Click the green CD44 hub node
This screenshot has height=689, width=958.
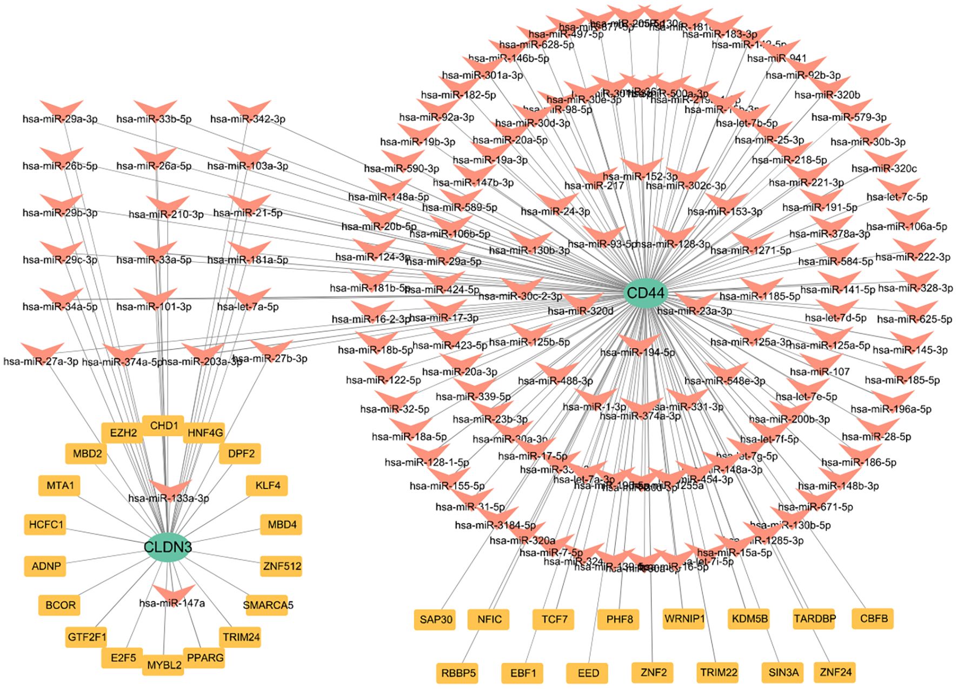646,293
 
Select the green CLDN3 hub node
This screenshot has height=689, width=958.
168,547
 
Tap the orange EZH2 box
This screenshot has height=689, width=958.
123,433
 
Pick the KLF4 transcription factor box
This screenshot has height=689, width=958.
268,485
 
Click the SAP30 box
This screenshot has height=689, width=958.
436,619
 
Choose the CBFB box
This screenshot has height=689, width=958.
873,618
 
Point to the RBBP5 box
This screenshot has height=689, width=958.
458,673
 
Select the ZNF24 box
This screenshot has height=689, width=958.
835,672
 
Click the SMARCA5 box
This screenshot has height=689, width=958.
268,605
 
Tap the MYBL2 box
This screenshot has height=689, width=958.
164,665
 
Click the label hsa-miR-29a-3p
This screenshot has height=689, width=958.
60,119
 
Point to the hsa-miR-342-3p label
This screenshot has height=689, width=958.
248,119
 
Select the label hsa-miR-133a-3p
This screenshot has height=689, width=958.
169,498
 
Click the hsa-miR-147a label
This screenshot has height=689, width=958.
172,603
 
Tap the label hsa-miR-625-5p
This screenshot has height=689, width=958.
915,319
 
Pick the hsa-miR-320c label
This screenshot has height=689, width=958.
884,169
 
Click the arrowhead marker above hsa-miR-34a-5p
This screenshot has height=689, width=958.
61,295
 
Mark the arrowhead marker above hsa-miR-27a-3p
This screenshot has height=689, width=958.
42,350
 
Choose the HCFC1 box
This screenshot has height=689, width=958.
46,524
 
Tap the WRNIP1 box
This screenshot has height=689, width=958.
684,618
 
